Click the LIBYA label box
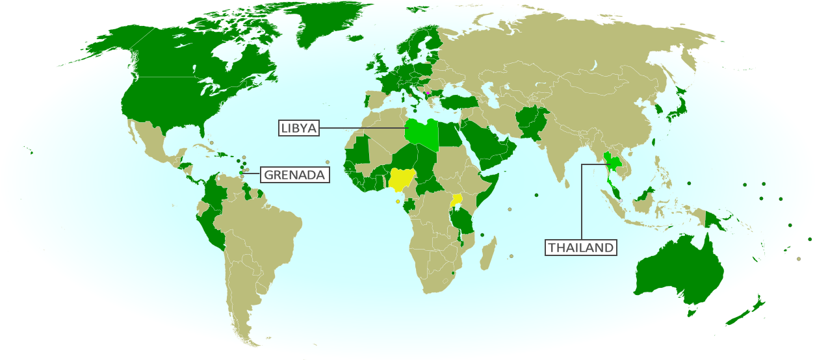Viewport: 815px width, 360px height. (299, 128)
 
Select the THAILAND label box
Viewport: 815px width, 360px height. (580, 248)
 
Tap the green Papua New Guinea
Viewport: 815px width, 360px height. (718, 218)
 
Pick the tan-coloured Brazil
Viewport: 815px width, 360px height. (260, 227)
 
